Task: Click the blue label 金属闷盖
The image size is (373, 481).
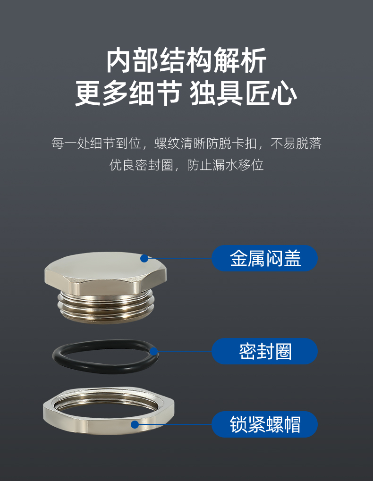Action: coord(264,258)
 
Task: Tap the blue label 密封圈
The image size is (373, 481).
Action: coord(264,351)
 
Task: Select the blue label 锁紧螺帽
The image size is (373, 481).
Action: coord(264,424)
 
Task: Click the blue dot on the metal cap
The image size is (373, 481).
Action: coord(144,258)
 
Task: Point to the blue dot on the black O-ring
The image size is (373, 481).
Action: coord(153,351)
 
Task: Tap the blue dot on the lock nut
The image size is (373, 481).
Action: coord(135,424)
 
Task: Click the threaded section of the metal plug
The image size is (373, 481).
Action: coord(106,306)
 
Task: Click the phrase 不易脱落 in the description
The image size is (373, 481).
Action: coord(296,143)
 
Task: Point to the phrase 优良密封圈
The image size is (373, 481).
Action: coord(141,165)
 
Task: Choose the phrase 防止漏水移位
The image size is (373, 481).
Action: coord(226,165)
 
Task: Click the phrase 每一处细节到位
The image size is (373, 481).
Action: coord(96,143)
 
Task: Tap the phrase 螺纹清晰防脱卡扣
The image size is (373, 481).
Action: coord(206,143)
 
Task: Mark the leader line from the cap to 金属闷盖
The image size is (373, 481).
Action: coord(178,258)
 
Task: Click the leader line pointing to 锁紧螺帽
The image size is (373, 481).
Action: coord(173,424)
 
